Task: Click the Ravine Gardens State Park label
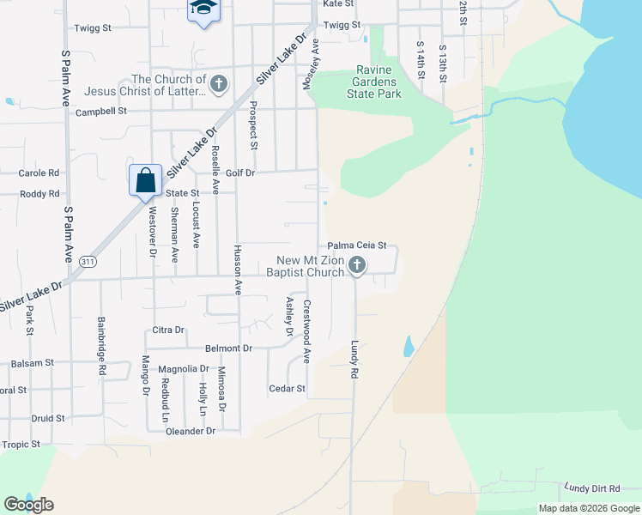(x=373, y=82)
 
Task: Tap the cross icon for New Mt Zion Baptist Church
(x=357, y=266)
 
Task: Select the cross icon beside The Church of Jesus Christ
(x=219, y=84)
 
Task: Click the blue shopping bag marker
(x=146, y=180)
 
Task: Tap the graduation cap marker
(x=203, y=9)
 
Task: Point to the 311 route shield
(x=88, y=260)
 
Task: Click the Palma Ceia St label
(x=358, y=245)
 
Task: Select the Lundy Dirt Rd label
(x=591, y=488)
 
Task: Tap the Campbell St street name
(x=101, y=112)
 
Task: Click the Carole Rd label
(x=39, y=173)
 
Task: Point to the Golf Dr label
(x=240, y=173)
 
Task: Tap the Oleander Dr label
(x=191, y=431)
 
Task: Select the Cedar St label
(x=288, y=389)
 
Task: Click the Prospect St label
(x=253, y=124)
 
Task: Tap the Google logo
(x=29, y=505)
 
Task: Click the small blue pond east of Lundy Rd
(x=409, y=346)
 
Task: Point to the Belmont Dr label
(x=228, y=348)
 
